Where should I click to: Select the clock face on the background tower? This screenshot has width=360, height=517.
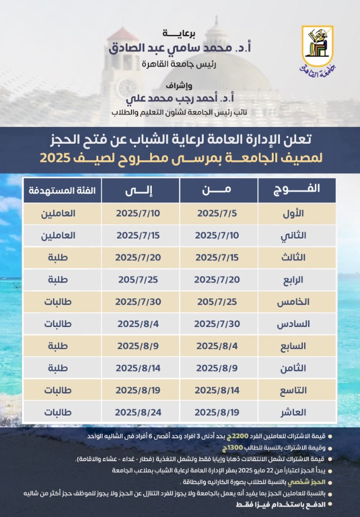[127, 87]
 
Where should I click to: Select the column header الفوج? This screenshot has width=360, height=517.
[296, 189]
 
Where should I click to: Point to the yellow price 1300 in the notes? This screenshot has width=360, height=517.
[232, 448]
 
